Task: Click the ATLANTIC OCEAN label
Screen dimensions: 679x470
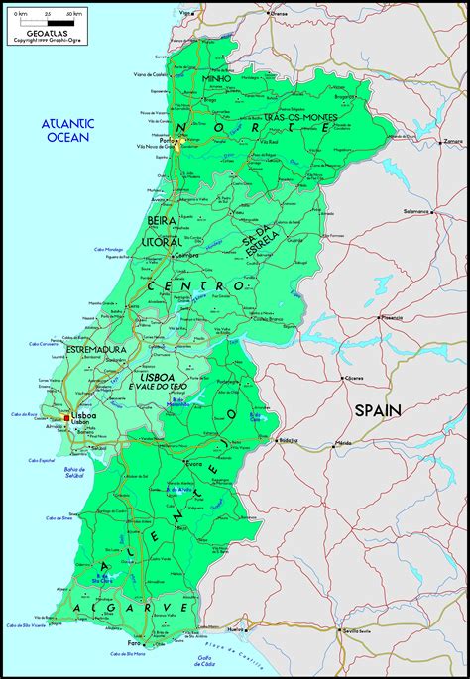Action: click(66, 130)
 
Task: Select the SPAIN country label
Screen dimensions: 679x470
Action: click(379, 410)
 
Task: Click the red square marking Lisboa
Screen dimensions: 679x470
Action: click(67, 418)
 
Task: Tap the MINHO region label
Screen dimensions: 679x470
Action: click(216, 78)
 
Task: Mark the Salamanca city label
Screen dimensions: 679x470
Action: click(414, 211)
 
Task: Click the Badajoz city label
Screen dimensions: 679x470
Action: click(289, 439)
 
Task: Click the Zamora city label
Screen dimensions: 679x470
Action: click(453, 142)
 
